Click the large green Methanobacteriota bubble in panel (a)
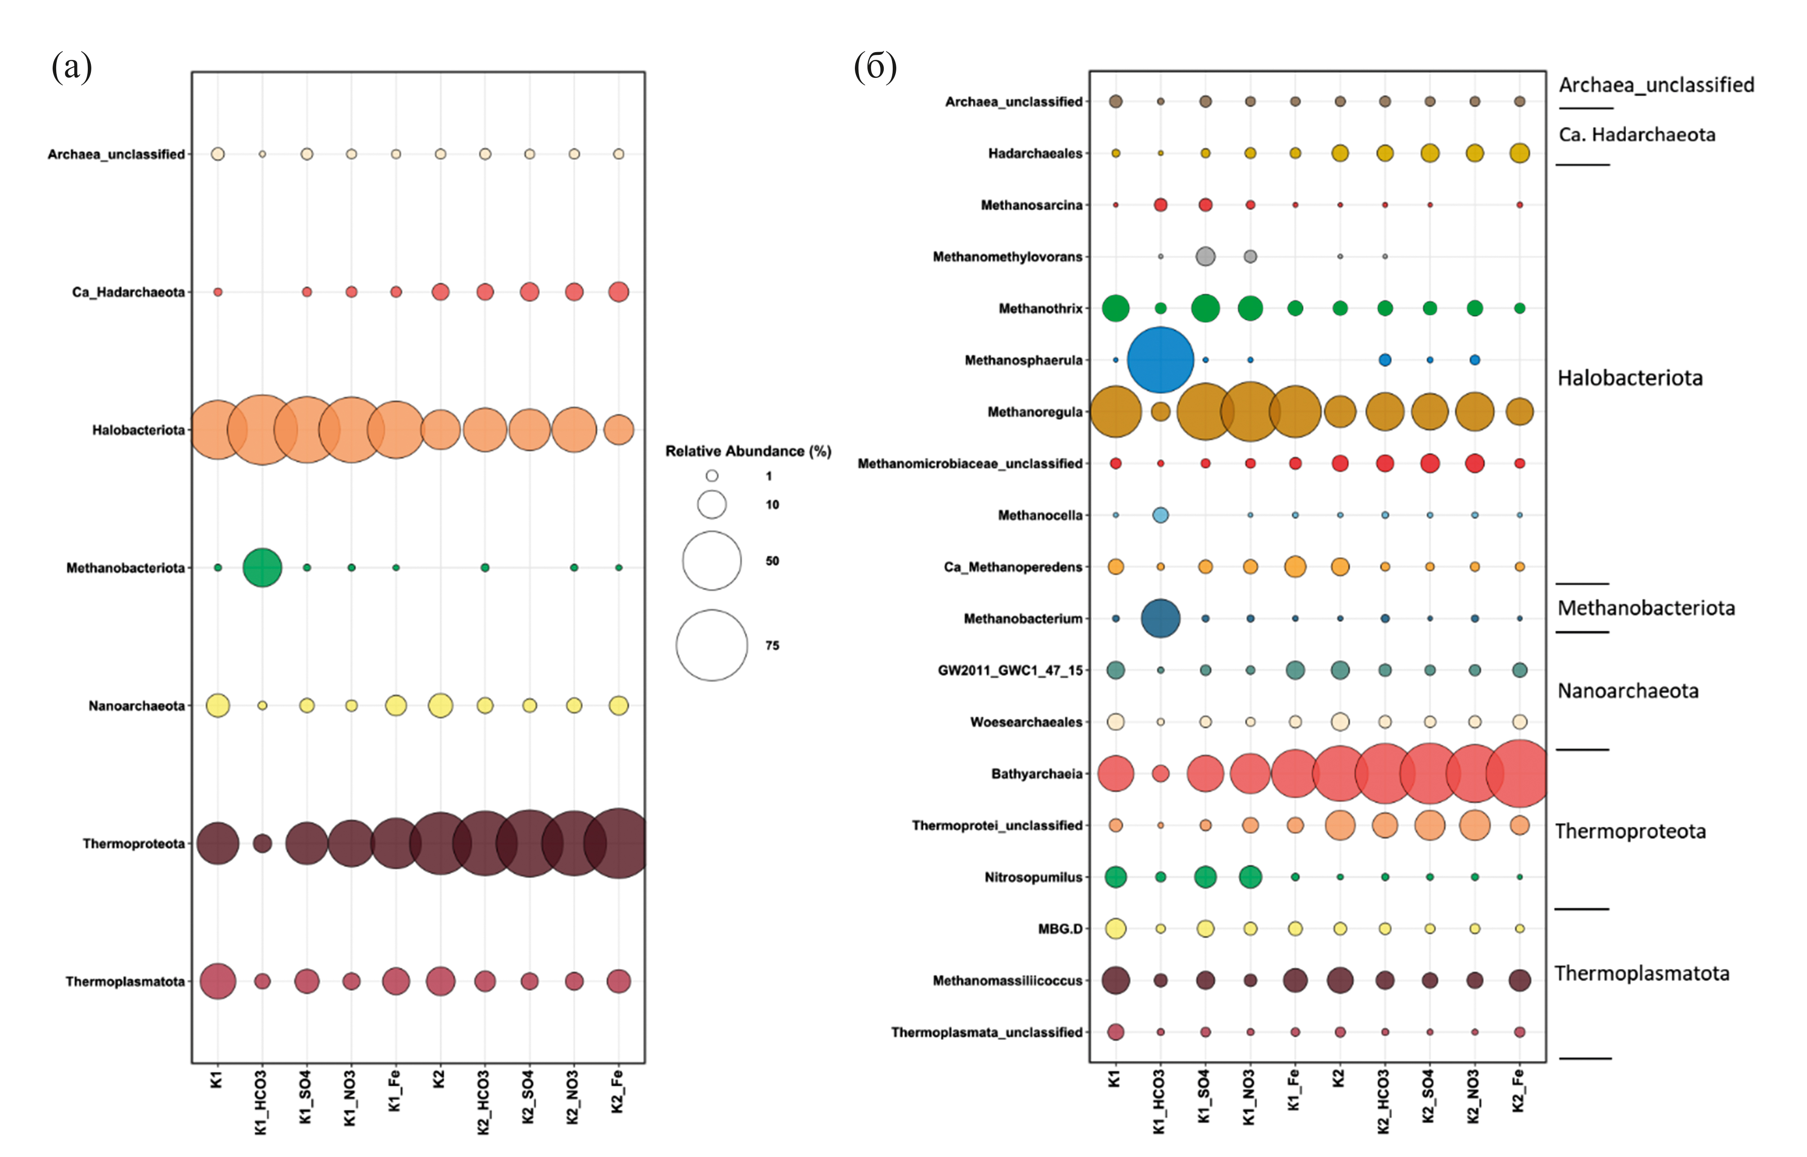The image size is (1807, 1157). click(x=262, y=567)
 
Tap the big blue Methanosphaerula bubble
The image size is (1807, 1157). click(x=1160, y=360)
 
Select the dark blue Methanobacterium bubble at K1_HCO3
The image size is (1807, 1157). click(x=1160, y=619)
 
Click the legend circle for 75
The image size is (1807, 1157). click(x=711, y=646)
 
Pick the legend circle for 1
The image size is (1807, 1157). click(x=711, y=475)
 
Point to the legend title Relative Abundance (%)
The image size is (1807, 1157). click(x=748, y=451)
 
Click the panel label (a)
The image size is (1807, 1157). click(x=72, y=67)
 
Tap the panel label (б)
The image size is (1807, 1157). click(x=875, y=67)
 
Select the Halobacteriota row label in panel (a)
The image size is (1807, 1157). click(x=138, y=430)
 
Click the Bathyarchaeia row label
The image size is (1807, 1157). click(x=1037, y=774)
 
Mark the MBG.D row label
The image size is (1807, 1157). click(x=1060, y=928)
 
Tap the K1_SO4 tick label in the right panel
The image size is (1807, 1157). click(x=1205, y=1096)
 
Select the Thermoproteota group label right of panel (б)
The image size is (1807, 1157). click(x=1631, y=831)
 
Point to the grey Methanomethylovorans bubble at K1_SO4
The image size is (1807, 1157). click(x=1205, y=256)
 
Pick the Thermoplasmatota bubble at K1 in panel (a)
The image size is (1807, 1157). click(x=218, y=981)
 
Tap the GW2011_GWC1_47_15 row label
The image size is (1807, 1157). click(x=1010, y=670)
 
